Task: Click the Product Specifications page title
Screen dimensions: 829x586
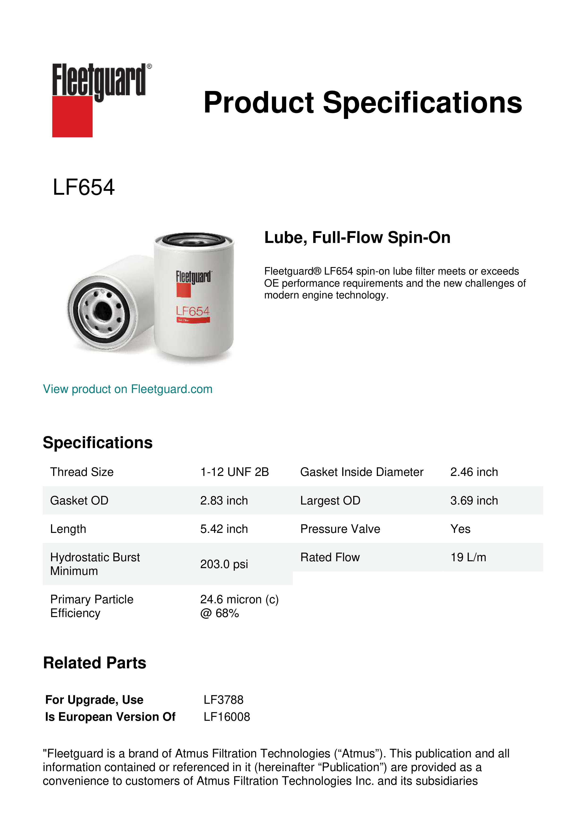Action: click(363, 103)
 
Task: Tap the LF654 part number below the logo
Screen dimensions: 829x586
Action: click(84, 187)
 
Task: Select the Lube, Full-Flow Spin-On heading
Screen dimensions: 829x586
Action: click(357, 237)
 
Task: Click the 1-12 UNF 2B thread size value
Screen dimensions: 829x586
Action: click(235, 472)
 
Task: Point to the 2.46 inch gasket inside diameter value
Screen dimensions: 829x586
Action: click(474, 472)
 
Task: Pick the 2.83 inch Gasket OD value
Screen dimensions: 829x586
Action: click(224, 501)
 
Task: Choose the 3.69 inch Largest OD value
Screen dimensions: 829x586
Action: click(474, 501)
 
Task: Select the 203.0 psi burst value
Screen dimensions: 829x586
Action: click(224, 564)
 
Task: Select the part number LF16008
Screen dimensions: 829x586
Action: click(227, 717)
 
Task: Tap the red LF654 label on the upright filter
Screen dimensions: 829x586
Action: click(193, 311)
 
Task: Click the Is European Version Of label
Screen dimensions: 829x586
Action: click(110, 717)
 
